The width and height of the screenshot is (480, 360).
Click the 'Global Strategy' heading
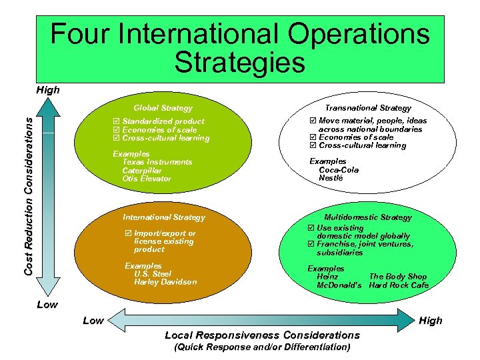(x=163, y=108)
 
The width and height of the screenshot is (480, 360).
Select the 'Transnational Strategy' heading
(x=368, y=107)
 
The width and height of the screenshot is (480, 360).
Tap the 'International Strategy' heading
(x=164, y=217)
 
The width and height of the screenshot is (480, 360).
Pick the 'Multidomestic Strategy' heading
(x=368, y=217)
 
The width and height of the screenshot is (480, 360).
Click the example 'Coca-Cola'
(x=339, y=170)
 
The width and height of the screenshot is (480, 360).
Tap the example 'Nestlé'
(x=331, y=178)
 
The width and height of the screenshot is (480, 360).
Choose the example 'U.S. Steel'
(x=153, y=274)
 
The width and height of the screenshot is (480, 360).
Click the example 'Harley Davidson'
(x=165, y=282)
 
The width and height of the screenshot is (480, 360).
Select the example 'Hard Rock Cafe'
(x=399, y=285)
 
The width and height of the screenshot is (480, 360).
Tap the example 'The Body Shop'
(x=398, y=277)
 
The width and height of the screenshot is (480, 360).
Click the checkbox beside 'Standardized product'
(x=117, y=121)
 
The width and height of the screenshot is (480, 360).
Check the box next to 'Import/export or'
(x=129, y=233)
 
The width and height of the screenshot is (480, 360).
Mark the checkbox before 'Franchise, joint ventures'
(x=311, y=245)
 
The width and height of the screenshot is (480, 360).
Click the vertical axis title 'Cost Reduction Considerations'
(x=29, y=193)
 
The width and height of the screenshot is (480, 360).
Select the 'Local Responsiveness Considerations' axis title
(x=262, y=335)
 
